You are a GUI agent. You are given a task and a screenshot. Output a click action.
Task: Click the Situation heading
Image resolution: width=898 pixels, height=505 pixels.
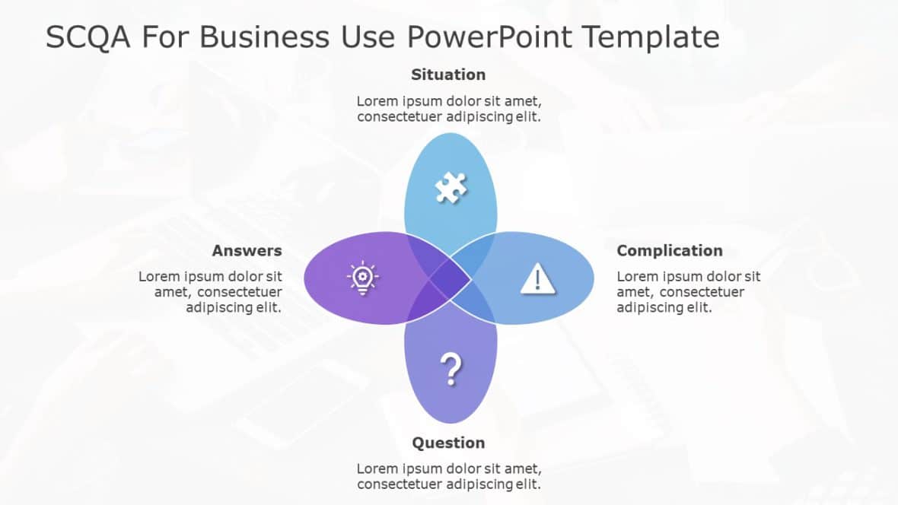[x=448, y=75]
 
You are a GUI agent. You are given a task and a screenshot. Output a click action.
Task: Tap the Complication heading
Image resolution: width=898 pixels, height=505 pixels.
[x=670, y=251]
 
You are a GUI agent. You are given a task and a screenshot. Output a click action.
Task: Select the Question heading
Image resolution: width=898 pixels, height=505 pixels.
[x=448, y=443]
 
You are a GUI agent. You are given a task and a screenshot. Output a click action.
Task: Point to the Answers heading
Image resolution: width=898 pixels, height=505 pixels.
[x=247, y=251]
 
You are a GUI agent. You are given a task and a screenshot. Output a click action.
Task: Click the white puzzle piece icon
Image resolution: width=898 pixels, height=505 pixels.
[x=451, y=187]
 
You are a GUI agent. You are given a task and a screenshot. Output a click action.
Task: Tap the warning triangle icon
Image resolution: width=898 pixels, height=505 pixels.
[x=538, y=278]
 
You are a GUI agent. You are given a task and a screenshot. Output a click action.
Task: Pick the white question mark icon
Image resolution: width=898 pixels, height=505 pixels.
[x=451, y=370]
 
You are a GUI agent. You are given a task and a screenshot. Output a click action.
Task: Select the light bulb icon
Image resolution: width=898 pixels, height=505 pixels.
[x=362, y=278]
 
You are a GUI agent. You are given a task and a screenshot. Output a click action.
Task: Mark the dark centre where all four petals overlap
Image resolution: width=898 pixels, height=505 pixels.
[x=450, y=278]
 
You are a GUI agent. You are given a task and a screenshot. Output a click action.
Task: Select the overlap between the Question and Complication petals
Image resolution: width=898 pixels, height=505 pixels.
[x=478, y=306]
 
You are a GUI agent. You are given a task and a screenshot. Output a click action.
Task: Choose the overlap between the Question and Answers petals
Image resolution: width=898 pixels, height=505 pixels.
[x=422, y=306]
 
